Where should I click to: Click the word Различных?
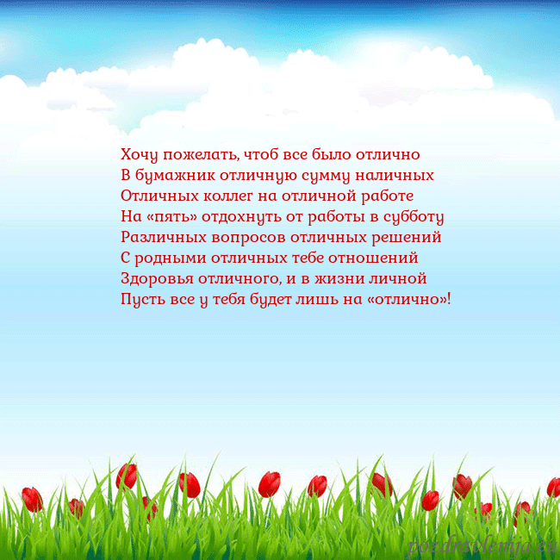[x=161, y=237]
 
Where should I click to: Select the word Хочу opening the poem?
[x=138, y=155]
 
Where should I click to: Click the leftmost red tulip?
[x=33, y=499]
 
